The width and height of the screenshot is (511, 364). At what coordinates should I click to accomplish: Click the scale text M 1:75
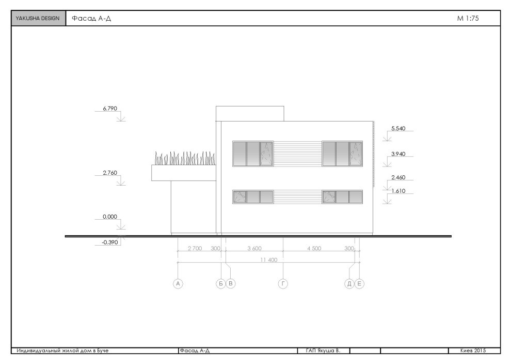pos(468,18)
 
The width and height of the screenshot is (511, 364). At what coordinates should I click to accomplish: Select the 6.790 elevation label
pos(110,109)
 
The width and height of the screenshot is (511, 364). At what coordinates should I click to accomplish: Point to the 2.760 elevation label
pos(110,173)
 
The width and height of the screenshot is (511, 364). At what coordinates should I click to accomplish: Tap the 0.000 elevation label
pos(110,217)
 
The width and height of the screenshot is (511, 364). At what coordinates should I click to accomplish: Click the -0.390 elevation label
pos(110,242)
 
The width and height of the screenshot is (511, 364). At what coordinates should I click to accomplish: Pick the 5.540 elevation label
pos(398,128)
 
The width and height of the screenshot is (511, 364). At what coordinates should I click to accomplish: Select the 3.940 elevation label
pos(398,154)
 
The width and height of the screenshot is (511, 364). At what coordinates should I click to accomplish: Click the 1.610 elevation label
pos(398,191)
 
